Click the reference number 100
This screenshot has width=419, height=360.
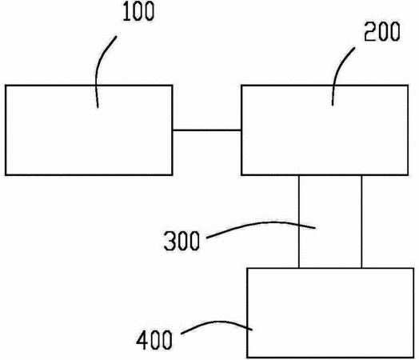click(138, 12)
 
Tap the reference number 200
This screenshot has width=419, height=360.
click(382, 31)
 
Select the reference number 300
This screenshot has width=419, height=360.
click(182, 241)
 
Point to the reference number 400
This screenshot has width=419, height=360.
click(154, 340)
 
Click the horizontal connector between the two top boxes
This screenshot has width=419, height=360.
click(207, 130)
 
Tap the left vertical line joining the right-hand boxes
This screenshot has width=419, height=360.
click(299, 222)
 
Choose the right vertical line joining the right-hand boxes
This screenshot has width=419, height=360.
click(361, 222)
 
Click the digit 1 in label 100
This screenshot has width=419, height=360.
click(126, 12)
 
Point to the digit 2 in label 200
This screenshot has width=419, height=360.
click(369, 31)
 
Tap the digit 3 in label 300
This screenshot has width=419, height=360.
click(170, 241)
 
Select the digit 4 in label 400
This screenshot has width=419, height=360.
click(142, 340)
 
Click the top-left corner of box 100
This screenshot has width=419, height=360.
click(6, 86)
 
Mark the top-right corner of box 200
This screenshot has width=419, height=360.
click(408, 86)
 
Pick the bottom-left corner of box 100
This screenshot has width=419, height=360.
click(6, 175)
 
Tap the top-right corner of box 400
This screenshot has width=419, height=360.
click(413, 268)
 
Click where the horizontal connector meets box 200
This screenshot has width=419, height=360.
click(241, 130)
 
